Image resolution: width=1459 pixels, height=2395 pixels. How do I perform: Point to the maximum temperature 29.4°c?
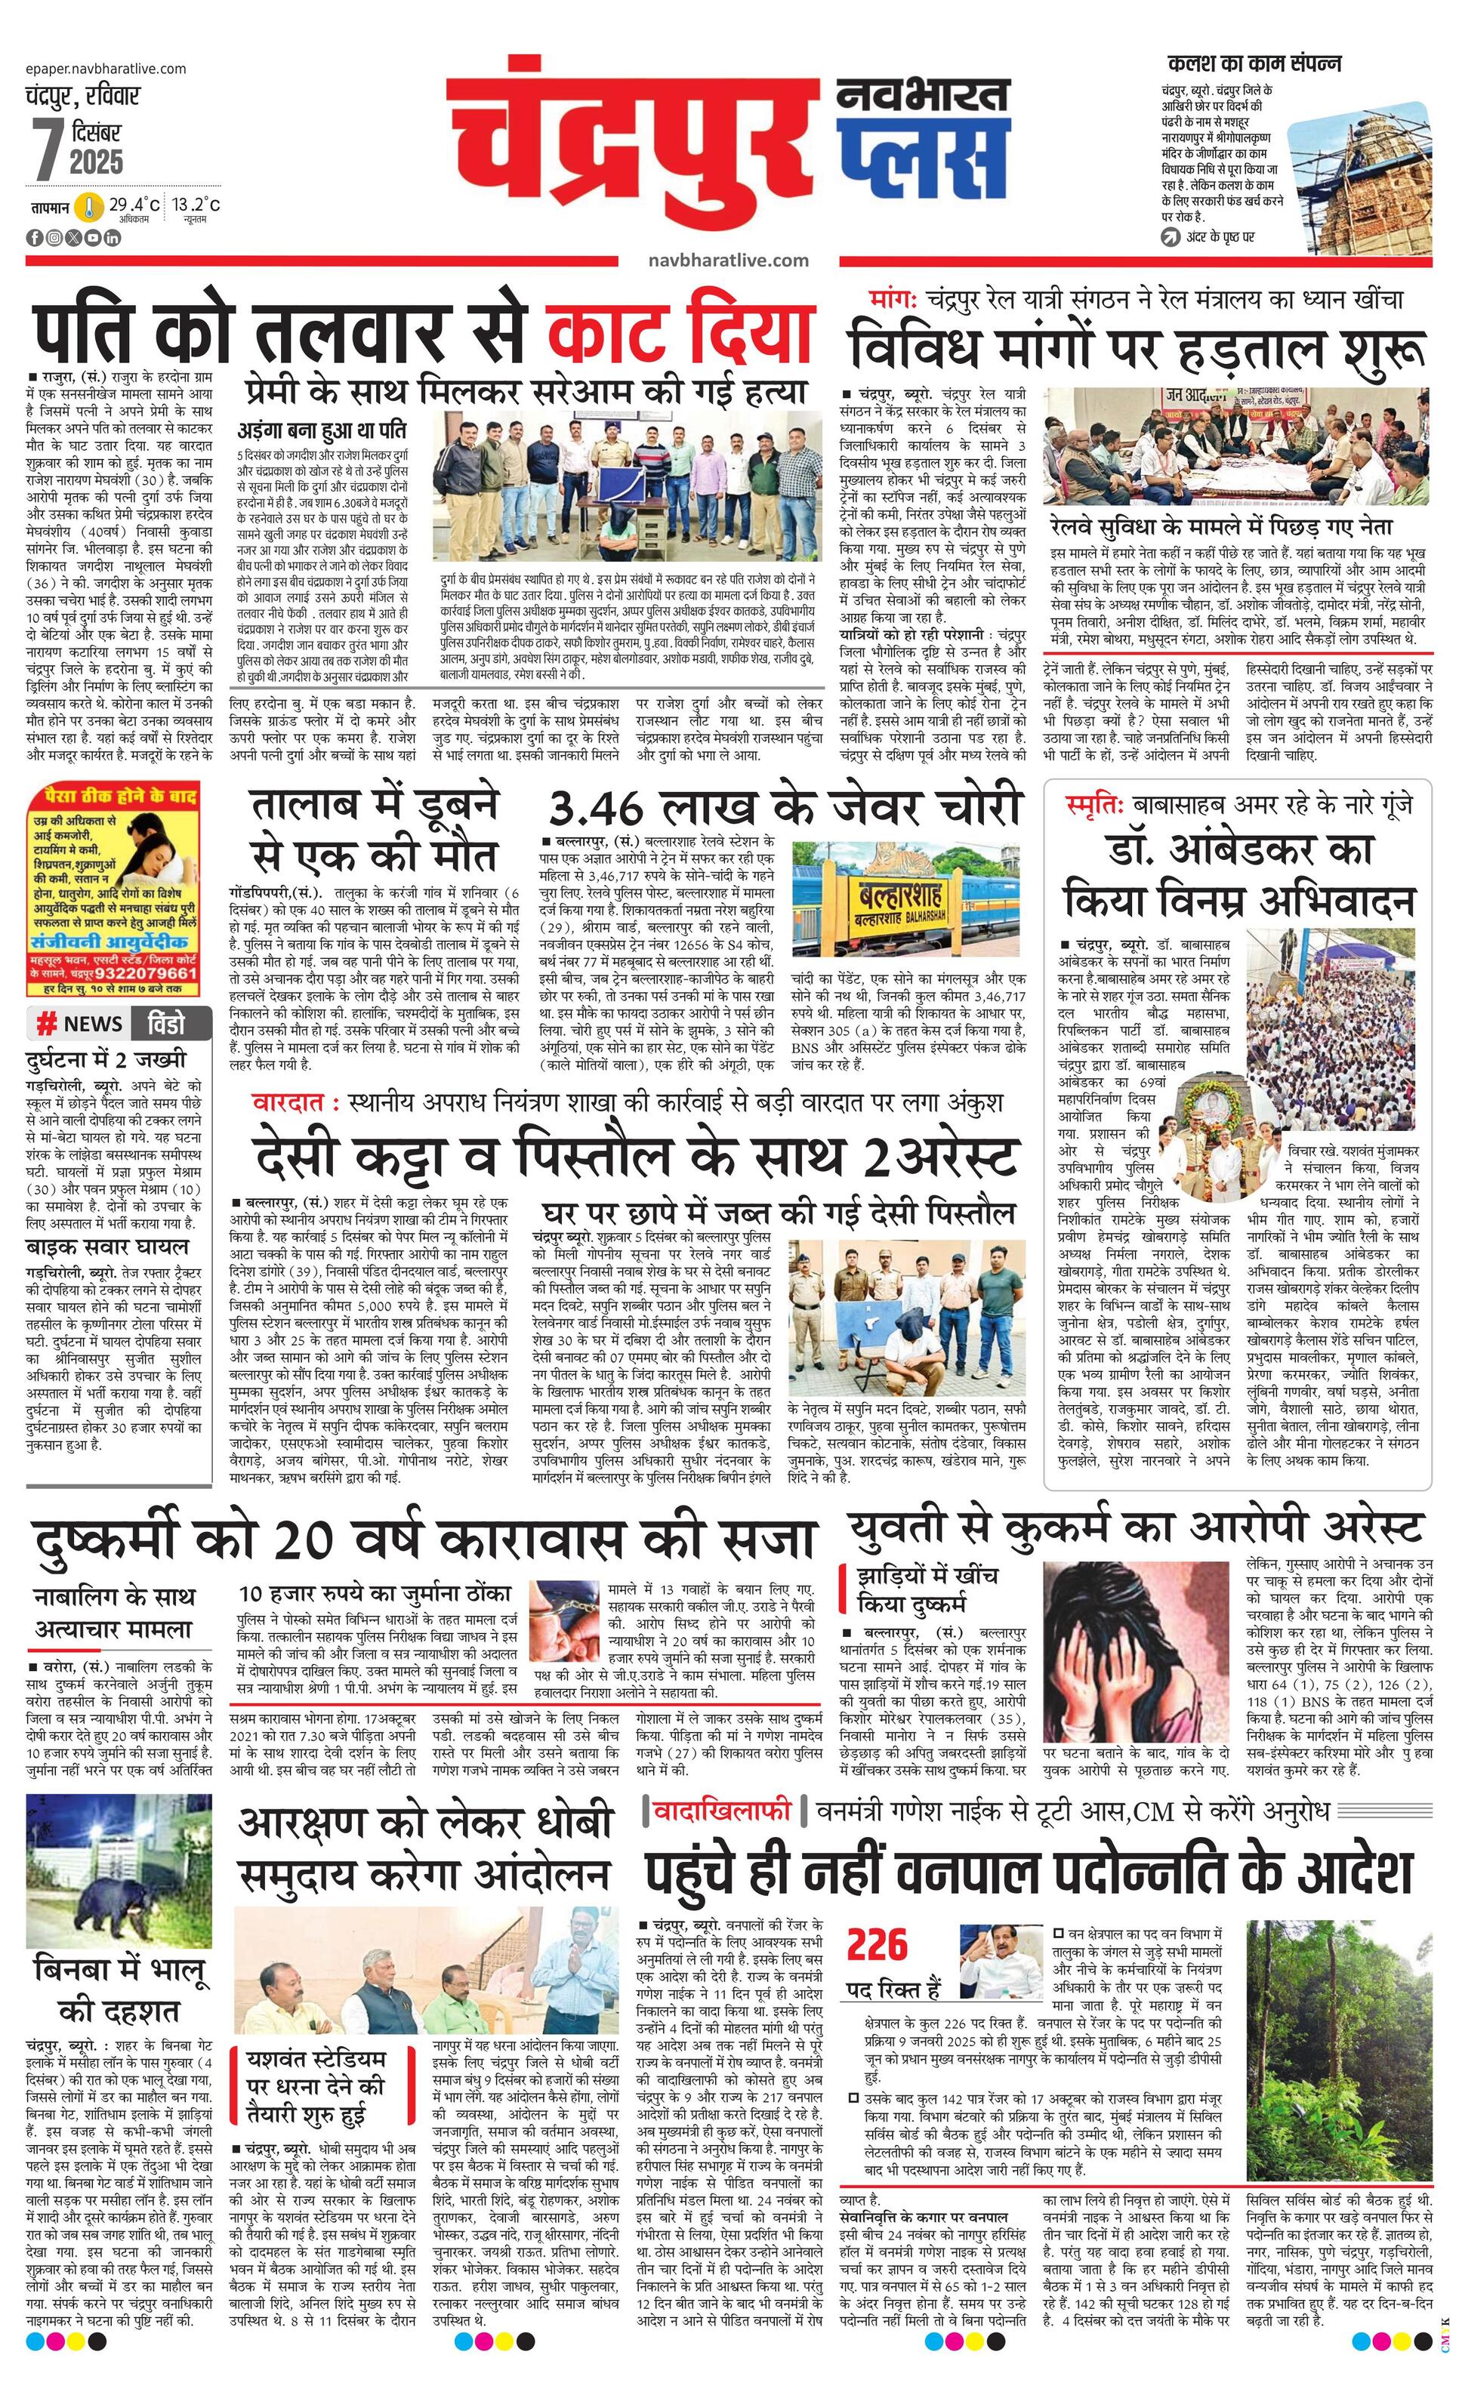[134, 205]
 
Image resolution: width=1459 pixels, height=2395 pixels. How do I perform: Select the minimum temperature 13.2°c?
[197, 205]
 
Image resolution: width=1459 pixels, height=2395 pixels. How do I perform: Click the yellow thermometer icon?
[89, 207]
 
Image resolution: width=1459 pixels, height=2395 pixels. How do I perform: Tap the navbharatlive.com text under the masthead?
[728, 260]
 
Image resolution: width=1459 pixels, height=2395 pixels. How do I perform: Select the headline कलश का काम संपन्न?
[1254, 64]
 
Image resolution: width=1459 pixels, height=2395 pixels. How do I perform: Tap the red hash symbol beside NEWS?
[45, 1024]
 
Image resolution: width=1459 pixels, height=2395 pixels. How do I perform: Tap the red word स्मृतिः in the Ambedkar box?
[1093, 805]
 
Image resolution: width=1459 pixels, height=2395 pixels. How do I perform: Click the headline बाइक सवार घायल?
[107, 1247]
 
